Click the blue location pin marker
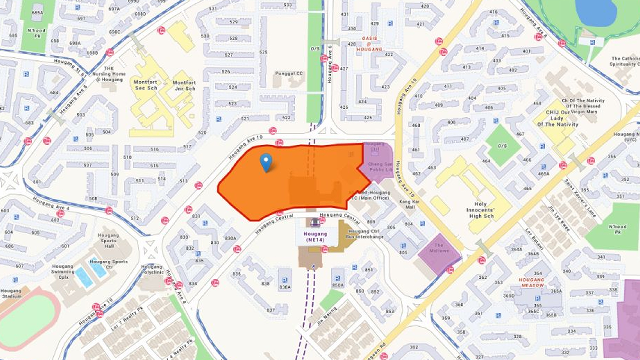click(x=266, y=162)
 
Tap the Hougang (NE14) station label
click(x=315, y=236)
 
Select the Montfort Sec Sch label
click(x=146, y=85)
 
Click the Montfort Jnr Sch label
click(x=184, y=85)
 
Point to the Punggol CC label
click(x=289, y=73)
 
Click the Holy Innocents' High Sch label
click(x=480, y=210)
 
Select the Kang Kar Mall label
click(x=410, y=204)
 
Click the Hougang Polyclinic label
click(x=152, y=269)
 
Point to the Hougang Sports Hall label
click(x=108, y=240)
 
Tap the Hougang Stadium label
click(x=11, y=293)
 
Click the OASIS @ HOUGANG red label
click(x=369, y=44)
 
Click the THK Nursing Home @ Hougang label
click(x=109, y=74)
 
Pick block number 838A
click(x=285, y=287)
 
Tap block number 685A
click(x=37, y=13)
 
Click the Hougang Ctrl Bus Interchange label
click(x=364, y=234)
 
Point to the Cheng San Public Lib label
click(x=380, y=167)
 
